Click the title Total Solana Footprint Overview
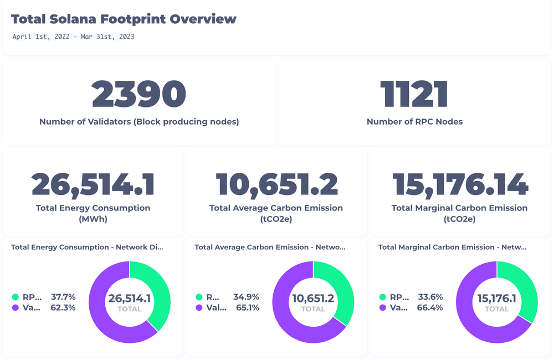tap(124, 19)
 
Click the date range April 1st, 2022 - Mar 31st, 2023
tap(73, 37)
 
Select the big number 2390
tap(138, 95)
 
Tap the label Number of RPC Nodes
tap(414, 122)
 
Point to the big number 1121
tap(414, 95)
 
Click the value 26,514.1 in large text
tap(93, 185)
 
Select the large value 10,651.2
tap(276, 185)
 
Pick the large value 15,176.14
tap(460, 185)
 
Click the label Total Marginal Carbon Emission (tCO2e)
tap(460, 213)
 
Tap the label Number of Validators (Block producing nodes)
tap(138, 122)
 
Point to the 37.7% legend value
tap(63, 297)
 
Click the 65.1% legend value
tap(247, 308)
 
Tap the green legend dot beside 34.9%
tap(199, 297)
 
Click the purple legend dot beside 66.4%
tap(383, 308)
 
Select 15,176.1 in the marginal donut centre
tap(497, 299)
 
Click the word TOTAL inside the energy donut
tap(130, 310)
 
